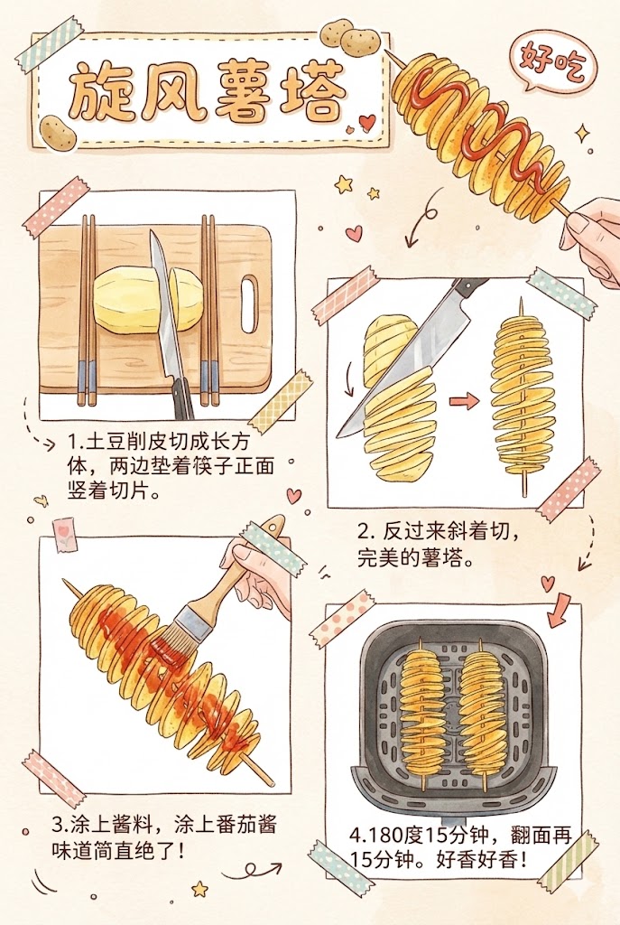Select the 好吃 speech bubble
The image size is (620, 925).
click(548, 61)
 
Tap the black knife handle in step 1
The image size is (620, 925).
click(183, 398)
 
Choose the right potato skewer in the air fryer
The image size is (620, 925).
click(482, 710)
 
